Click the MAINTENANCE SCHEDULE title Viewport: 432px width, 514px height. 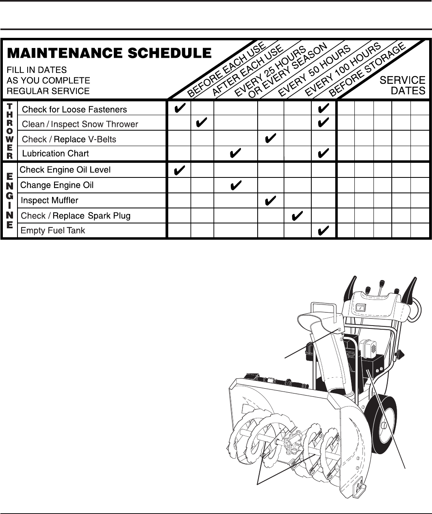click(x=109, y=53)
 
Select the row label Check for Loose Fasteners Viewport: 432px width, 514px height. click(x=74, y=109)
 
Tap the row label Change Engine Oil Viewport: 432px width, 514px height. click(x=57, y=185)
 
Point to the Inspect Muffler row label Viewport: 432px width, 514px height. click(x=49, y=200)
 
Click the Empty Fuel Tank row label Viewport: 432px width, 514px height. click(x=53, y=230)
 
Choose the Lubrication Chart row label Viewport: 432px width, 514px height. click(x=55, y=153)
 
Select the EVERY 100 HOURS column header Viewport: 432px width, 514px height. click(x=343, y=69)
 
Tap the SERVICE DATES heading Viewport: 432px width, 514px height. click(x=402, y=85)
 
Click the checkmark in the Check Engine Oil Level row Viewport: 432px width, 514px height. click(x=179, y=170)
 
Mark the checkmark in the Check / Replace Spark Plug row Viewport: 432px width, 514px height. click(x=297, y=215)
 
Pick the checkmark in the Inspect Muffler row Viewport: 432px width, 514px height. click(x=270, y=200)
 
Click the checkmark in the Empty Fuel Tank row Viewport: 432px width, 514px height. click(x=323, y=231)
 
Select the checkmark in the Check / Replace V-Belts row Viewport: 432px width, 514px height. click(x=270, y=139)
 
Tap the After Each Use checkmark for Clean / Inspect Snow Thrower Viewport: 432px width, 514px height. click(x=202, y=124)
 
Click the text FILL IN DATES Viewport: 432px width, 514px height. click(x=37, y=70)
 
